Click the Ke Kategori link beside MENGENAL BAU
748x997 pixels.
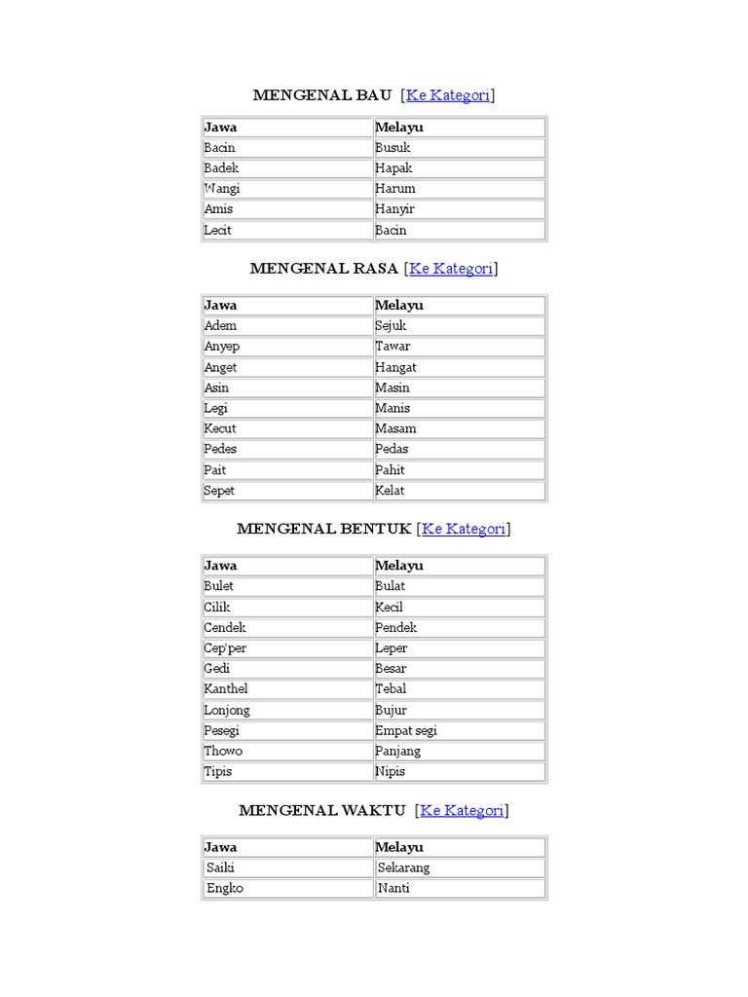tap(448, 94)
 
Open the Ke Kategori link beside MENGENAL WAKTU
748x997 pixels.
tap(462, 810)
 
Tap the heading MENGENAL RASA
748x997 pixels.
tap(323, 269)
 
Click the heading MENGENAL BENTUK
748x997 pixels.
tap(324, 529)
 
